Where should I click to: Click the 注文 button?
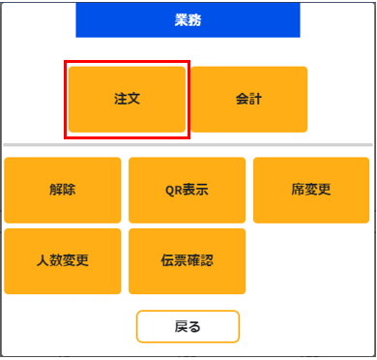coord(127,99)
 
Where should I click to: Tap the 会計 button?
coord(248,99)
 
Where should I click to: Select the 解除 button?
coord(63,190)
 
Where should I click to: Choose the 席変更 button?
coord(311,190)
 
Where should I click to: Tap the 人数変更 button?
coord(63,261)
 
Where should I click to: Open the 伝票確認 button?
coord(187,261)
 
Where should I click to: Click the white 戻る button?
coord(188,326)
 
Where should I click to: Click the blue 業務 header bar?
coord(188,19)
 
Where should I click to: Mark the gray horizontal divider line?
coord(188,145)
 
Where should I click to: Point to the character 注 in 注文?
coord(120,99)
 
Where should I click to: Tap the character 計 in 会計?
coord(255,99)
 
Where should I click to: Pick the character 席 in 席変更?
coord(298,190)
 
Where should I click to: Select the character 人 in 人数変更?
coord(43,261)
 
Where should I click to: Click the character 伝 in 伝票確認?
coord(167,261)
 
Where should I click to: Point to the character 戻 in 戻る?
coord(180,326)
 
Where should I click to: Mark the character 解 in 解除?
coord(56,190)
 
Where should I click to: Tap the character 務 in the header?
coord(194,19)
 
